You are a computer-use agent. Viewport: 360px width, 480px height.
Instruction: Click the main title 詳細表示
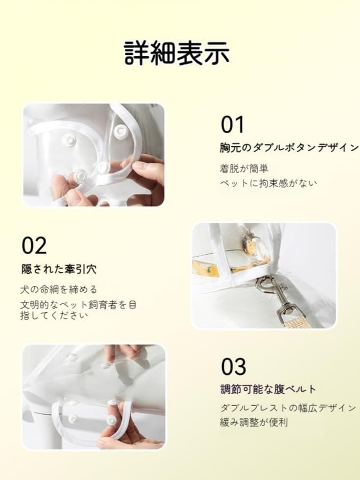177,53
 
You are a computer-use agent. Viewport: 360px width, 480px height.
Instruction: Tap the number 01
232,124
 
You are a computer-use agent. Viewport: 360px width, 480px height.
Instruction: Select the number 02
34,245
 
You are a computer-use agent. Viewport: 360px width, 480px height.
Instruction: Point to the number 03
233,367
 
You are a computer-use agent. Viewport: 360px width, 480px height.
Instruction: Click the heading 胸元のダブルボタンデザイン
288,147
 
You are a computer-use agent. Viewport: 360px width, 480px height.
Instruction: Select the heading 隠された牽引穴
59,269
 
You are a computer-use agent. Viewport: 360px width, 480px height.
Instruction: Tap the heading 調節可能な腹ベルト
268,389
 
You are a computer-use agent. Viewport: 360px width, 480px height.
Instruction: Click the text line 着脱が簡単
244,168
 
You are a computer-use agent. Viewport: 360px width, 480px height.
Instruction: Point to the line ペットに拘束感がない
268,183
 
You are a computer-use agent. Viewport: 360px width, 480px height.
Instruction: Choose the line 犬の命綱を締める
59,289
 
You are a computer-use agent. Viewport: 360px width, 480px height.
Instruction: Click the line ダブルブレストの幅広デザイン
288,408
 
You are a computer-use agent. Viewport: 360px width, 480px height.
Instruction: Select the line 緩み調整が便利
254,422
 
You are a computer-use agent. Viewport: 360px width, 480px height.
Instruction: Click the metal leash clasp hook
265,285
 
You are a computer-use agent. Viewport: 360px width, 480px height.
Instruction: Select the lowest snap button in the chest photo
80,175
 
